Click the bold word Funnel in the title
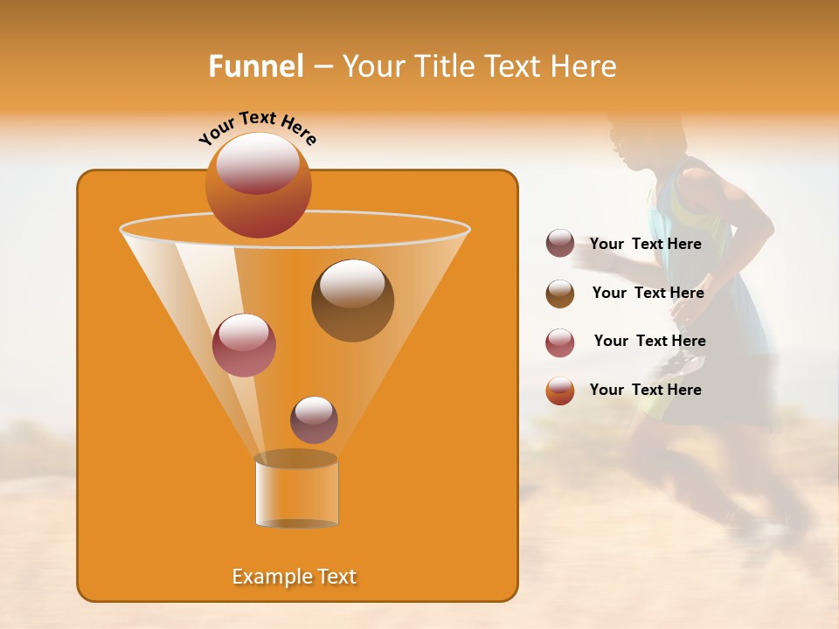255,66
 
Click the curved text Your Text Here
258,128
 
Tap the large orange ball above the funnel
258,184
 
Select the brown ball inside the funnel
352,301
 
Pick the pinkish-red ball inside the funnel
244,345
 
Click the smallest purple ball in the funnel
314,419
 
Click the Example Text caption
294,577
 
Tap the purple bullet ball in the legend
560,244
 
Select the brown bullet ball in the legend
560,294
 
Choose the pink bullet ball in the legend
560,342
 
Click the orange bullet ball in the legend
560,391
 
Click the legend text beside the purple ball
645,244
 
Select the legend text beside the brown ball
648,293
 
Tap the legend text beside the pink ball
649,341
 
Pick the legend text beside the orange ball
645,390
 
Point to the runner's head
638,140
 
